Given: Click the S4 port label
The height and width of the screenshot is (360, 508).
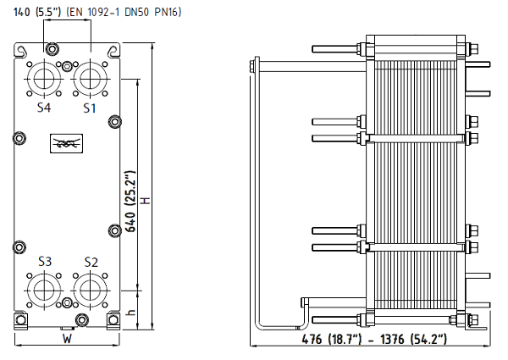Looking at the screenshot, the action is click(x=44, y=108).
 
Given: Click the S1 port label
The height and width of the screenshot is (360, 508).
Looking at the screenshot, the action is click(x=90, y=108).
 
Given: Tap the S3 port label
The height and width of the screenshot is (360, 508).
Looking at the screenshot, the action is click(x=45, y=261).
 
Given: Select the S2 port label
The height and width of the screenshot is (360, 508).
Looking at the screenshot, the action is click(x=91, y=262).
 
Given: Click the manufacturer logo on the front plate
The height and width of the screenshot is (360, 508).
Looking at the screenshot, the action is click(x=66, y=143).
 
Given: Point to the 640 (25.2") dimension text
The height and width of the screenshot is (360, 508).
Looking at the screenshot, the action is click(x=130, y=202).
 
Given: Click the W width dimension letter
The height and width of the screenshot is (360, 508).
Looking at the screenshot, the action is click(x=67, y=339).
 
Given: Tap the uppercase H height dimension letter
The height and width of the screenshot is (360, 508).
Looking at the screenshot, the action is click(x=146, y=201).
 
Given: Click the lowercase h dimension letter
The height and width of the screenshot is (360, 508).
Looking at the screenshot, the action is click(x=131, y=313).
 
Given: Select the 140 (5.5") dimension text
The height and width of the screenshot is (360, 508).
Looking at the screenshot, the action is click(x=37, y=12).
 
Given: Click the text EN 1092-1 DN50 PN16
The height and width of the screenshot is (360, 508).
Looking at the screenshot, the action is click(x=124, y=12).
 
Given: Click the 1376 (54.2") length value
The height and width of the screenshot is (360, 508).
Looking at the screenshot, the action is click(x=413, y=340).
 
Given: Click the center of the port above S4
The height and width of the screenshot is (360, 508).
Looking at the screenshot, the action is click(x=44, y=79).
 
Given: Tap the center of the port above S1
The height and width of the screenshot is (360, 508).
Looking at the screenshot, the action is click(x=90, y=79).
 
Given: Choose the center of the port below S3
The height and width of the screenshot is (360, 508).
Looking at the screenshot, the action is click(x=44, y=291).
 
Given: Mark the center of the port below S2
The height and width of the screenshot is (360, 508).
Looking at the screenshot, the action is click(x=90, y=291).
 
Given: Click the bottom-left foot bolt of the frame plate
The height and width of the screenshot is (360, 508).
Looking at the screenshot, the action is click(x=20, y=320).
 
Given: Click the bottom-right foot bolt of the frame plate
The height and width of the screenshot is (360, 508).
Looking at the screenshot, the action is click(x=113, y=320).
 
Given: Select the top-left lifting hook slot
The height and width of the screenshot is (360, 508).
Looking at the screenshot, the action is click(x=20, y=51).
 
